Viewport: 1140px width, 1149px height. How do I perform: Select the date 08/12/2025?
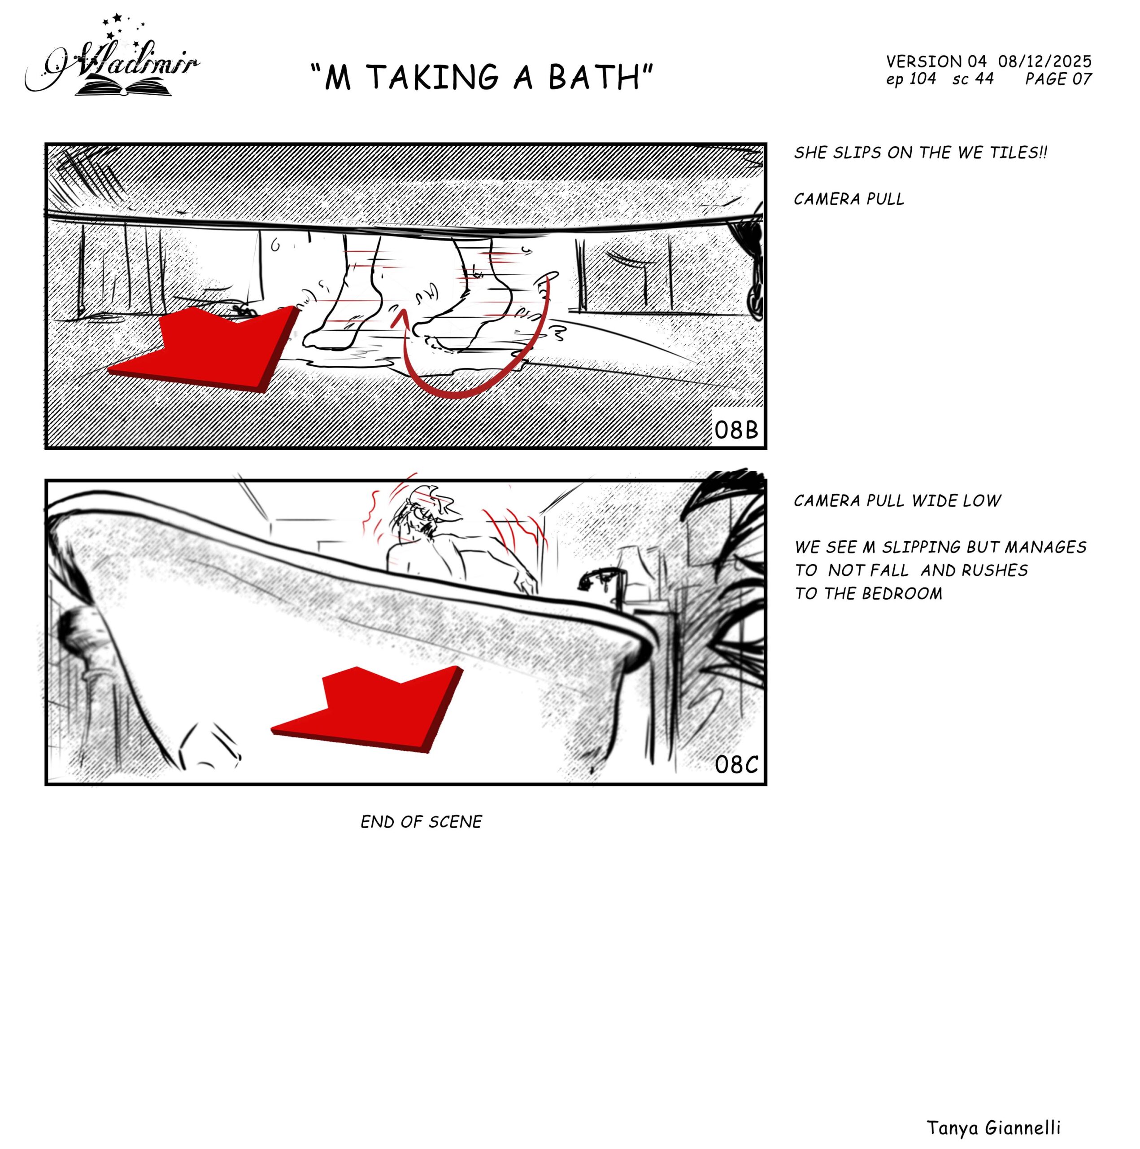point(1044,61)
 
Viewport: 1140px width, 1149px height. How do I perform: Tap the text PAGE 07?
point(1058,79)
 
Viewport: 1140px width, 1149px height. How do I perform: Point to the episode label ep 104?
point(910,79)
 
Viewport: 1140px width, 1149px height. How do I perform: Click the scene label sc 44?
point(973,79)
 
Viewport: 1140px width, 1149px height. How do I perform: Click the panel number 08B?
point(736,430)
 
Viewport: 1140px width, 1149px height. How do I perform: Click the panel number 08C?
point(736,765)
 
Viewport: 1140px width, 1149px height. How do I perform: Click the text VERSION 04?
point(936,61)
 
